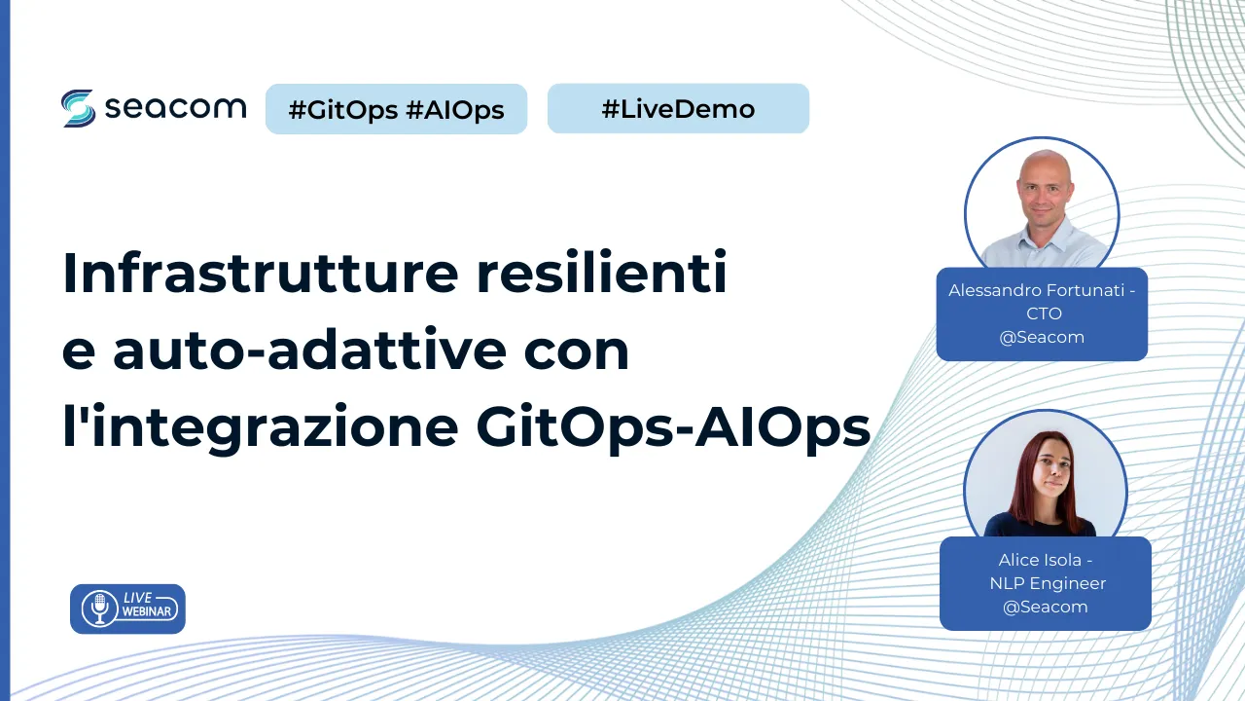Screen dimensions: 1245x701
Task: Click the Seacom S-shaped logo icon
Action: coord(78,108)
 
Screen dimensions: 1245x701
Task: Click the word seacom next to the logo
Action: coord(175,107)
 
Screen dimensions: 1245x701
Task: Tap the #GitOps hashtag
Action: coord(343,110)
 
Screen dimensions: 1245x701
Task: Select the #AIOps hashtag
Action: coord(454,110)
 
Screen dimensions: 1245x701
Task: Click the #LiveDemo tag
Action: coord(678,108)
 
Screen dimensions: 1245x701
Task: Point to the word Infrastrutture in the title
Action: coord(261,272)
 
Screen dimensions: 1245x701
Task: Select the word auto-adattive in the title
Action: coord(309,350)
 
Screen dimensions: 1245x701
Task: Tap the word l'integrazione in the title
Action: coord(261,427)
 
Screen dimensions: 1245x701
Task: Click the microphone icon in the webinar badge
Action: coord(99,609)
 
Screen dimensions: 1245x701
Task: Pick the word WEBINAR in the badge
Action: coord(147,612)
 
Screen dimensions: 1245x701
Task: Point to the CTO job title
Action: coord(1044,314)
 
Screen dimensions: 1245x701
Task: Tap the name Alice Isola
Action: coord(1040,560)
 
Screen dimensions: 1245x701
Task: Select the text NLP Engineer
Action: coord(1048,583)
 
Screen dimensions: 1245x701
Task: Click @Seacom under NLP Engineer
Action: coord(1045,607)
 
